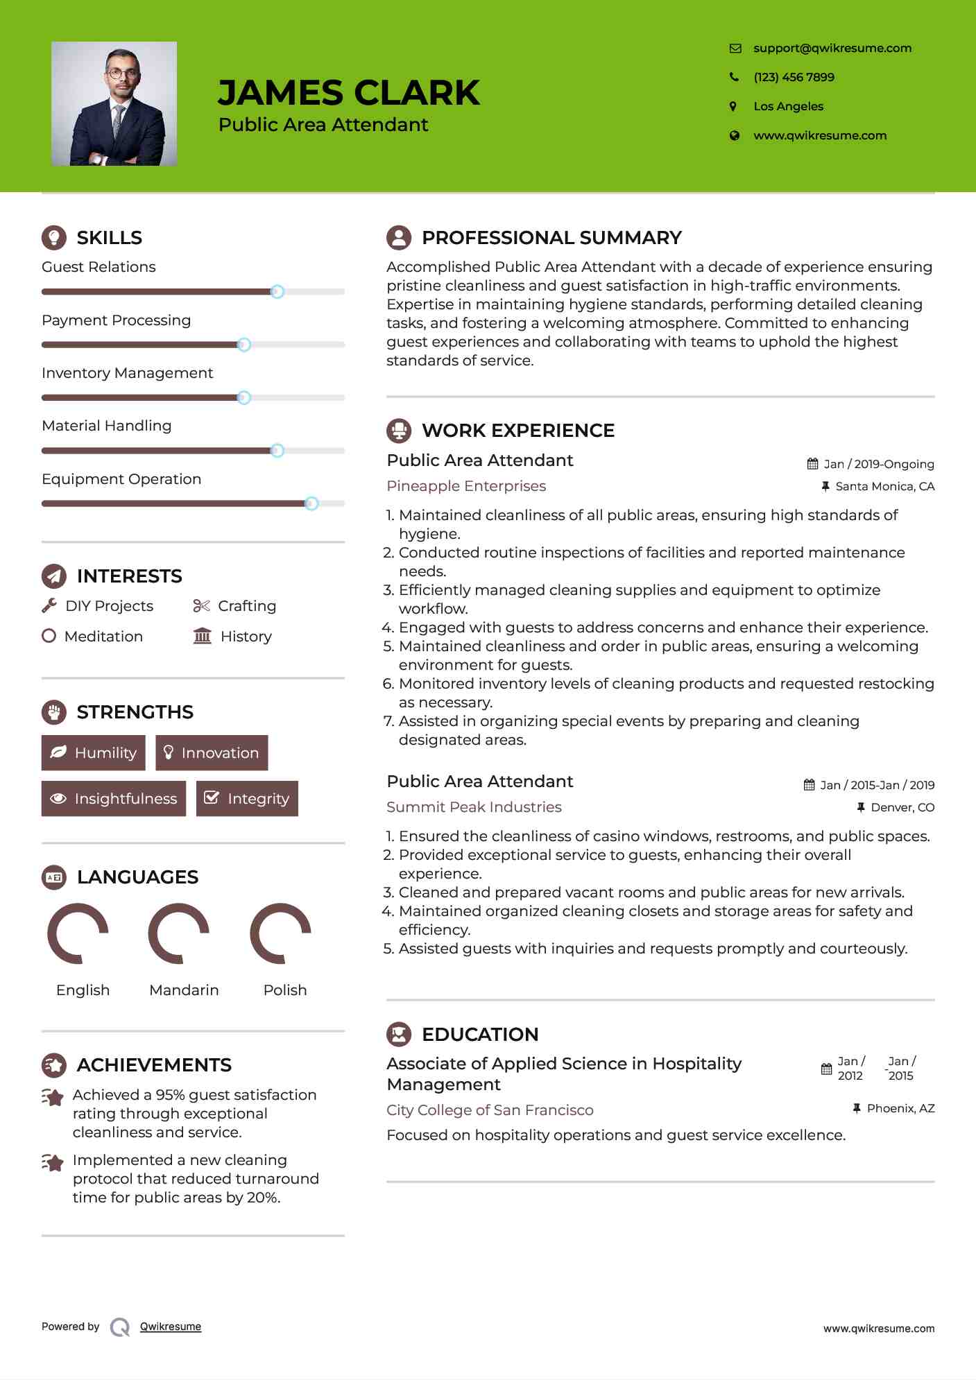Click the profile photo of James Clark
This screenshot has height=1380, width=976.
pos(114,103)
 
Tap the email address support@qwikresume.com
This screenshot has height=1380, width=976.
pos(832,48)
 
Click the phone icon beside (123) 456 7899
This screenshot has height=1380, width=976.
pos(734,77)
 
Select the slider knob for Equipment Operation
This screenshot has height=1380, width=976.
pos(311,503)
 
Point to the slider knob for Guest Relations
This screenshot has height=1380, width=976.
pos(277,292)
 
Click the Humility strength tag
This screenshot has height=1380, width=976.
pos(94,752)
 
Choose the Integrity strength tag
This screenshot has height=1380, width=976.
pos(247,798)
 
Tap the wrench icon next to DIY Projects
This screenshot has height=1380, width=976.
pos(49,605)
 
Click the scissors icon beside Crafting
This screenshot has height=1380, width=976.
pos(201,605)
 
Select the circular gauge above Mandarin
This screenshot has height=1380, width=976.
pos(179,933)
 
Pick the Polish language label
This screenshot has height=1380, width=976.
pos(284,990)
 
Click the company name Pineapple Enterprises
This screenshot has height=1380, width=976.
pos(466,486)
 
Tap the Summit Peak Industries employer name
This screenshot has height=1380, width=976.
pos(474,807)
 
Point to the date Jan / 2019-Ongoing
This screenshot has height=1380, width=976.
pos(878,464)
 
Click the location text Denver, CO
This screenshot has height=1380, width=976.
pos(902,807)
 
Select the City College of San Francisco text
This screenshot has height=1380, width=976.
pos(490,1110)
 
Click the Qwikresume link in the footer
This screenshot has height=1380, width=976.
pos(171,1327)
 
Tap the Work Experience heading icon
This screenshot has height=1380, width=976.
pos(399,431)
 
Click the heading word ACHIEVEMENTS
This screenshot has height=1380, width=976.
pos(154,1064)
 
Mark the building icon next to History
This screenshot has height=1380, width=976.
pos(203,636)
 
